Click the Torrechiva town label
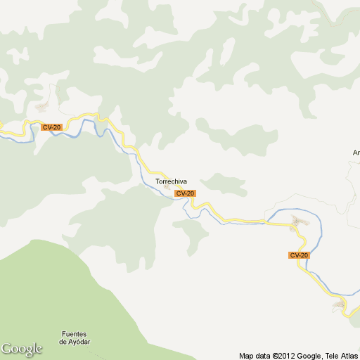(x=171, y=181)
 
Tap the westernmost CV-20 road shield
(x=51, y=127)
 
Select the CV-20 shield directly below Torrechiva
(x=185, y=193)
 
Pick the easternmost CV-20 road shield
(x=299, y=255)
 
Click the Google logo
(x=22, y=349)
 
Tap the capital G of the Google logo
(x=6, y=348)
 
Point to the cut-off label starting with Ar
(x=356, y=152)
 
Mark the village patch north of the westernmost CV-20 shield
(x=44, y=107)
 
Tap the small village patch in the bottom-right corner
(x=340, y=305)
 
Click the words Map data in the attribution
(x=255, y=356)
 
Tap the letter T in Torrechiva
(x=157, y=181)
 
